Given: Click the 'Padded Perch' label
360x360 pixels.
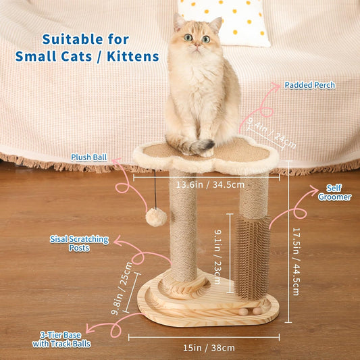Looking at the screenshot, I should click(x=309, y=85).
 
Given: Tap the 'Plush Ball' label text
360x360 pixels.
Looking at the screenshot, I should click(x=88, y=157).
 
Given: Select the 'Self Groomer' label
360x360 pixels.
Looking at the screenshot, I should click(x=334, y=192).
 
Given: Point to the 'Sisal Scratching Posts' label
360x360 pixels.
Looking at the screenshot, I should click(x=70, y=243).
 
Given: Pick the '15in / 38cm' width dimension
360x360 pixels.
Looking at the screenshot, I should click(x=202, y=348).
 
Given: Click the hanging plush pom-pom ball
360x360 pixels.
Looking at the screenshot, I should click(x=157, y=217).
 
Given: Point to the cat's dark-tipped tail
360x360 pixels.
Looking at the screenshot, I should click(x=203, y=145).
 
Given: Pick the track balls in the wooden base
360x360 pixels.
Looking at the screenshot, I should click(x=255, y=311).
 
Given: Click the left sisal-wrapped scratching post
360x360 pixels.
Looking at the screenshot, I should click(x=182, y=230).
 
